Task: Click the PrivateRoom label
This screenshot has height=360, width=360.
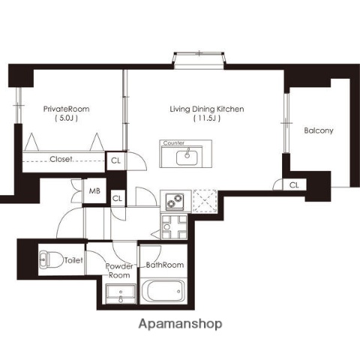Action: click(x=66, y=109)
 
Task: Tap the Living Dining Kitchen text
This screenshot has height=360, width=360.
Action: click(x=207, y=109)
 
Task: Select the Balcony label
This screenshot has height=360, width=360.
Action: click(x=319, y=130)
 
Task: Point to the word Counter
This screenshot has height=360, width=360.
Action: click(x=174, y=143)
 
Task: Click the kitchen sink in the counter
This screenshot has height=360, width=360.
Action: click(x=187, y=157)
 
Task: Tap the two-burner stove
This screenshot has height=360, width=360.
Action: click(x=175, y=201)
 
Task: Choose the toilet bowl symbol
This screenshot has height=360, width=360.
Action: click(x=51, y=259)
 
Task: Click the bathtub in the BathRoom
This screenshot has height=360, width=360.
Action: click(x=163, y=291)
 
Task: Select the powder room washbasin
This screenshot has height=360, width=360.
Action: click(x=121, y=294)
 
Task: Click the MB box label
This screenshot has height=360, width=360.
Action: click(x=94, y=191)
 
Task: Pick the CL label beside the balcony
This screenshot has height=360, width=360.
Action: click(x=294, y=185)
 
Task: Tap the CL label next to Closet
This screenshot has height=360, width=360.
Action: click(x=115, y=160)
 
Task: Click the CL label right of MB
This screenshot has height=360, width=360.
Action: click(x=117, y=199)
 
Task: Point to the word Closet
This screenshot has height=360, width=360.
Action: click(x=61, y=159)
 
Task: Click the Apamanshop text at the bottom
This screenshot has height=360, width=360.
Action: click(x=180, y=324)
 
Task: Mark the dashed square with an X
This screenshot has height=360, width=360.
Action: click(x=205, y=201)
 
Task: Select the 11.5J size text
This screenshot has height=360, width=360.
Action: click(x=207, y=118)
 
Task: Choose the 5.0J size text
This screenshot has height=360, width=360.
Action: click(x=66, y=118)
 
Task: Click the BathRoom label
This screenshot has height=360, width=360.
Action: click(x=165, y=265)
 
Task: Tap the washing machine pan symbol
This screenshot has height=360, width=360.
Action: click(x=174, y=227)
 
